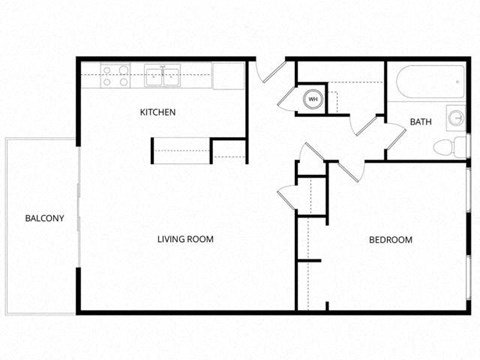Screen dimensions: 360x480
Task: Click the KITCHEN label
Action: click(158, 112)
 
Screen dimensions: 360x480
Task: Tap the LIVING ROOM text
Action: click(186, 239)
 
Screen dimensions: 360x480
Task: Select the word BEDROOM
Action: click(390, 240)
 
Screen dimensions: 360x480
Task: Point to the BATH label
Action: click(420, 122)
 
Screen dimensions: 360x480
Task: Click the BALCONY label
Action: click(44, 218)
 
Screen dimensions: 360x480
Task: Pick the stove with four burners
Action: click(113, 75)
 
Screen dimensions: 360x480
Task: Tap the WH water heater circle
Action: click(312, 99)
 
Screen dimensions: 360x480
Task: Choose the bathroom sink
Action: click(456, 117)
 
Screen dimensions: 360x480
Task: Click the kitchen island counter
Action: click(180, 149)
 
